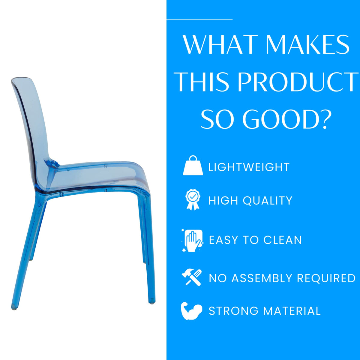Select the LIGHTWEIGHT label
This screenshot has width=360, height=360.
[249, 167]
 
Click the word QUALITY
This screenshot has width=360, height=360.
[267, 201]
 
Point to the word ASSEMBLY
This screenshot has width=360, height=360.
[261, 278]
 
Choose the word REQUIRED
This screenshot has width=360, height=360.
[326, 278]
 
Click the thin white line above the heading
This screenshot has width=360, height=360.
[199, 19]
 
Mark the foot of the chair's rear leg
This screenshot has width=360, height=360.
[14, 308]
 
